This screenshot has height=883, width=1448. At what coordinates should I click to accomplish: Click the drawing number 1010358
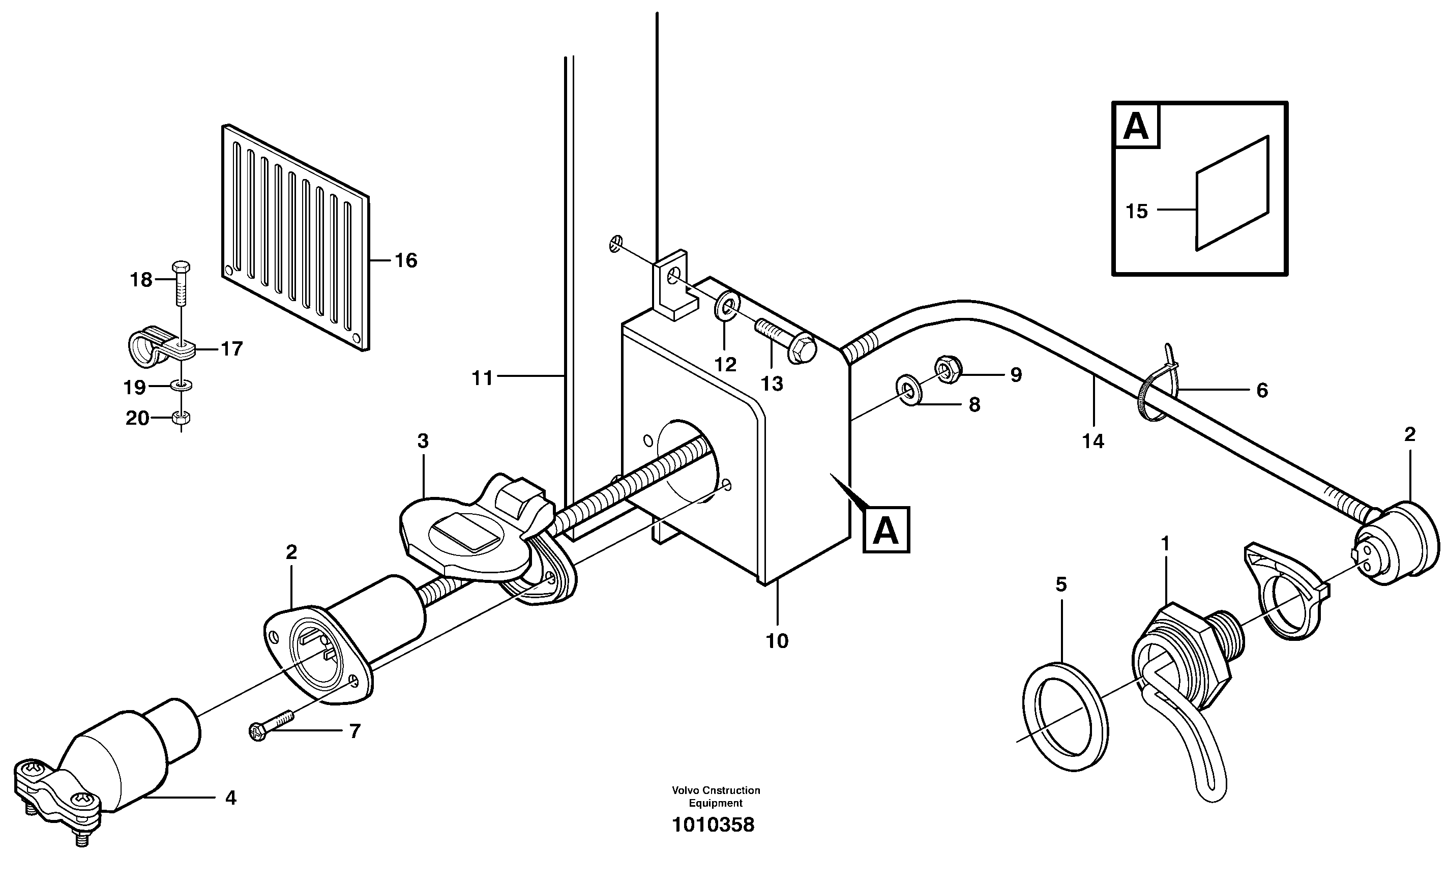point(713,826)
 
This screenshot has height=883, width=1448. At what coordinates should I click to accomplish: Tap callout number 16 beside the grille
point(405,260)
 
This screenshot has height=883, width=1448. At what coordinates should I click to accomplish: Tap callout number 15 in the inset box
point(1137,211)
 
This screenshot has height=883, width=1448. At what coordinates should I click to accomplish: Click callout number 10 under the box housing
point(777,641)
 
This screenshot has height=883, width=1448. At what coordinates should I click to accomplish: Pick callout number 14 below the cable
point(1093,441)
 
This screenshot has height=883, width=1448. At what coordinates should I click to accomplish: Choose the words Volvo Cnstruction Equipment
point(716,797)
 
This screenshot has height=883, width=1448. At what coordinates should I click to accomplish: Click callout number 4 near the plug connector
point(231,798)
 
